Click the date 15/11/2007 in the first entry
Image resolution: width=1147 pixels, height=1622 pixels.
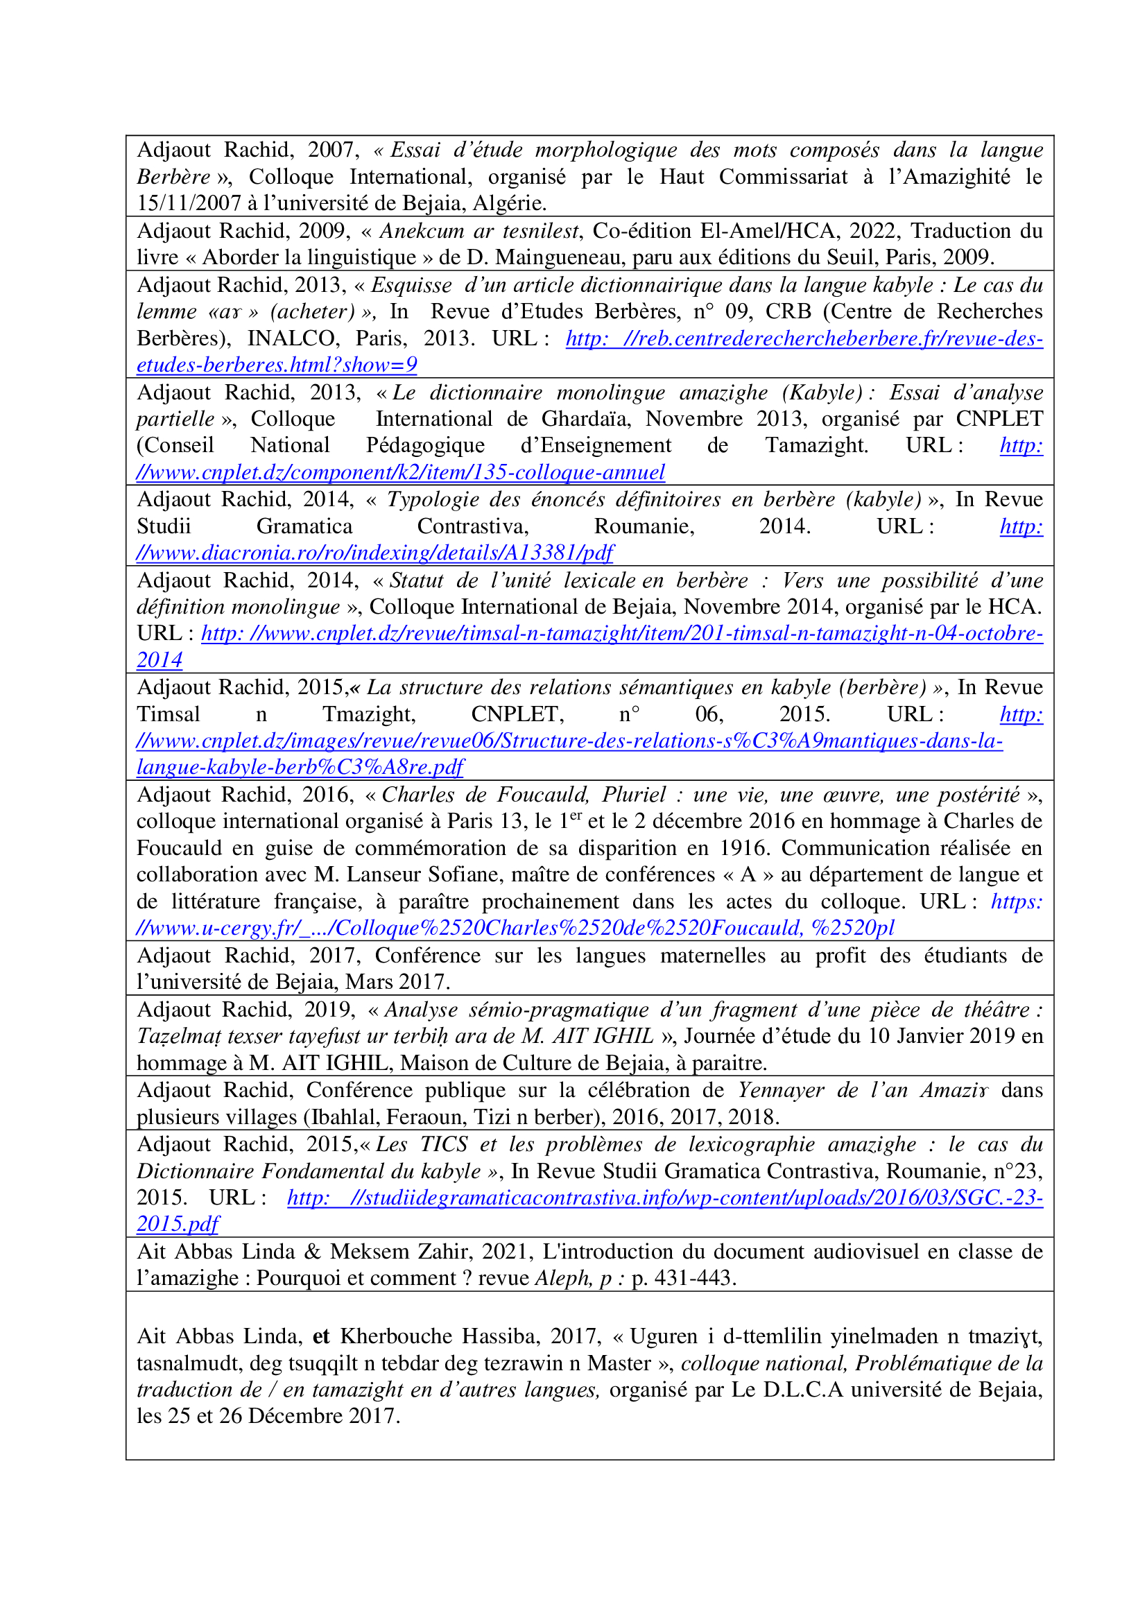189,203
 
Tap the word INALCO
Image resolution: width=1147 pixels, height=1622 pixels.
293,338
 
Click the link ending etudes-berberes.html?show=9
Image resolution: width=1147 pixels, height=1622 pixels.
277,365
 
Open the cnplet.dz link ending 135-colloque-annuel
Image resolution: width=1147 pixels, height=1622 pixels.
400,473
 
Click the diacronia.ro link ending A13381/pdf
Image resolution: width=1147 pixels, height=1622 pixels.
375,553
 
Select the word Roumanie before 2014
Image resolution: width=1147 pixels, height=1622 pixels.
644,526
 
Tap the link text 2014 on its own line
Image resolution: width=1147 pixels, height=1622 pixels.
159,661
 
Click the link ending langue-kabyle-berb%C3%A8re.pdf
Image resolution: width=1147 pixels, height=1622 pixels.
300,768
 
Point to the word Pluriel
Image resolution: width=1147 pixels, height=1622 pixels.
634,795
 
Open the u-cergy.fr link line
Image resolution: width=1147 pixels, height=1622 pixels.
515,929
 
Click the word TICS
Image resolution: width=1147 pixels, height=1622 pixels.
445,1144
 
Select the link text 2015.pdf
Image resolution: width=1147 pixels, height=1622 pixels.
178,1224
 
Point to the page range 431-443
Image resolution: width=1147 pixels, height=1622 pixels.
695,1278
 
